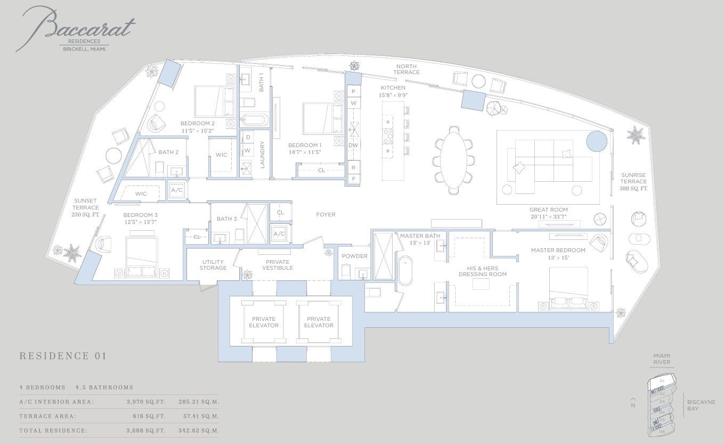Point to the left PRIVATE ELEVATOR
[x=264, y=322]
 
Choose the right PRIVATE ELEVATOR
[x=319, y=322]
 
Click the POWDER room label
[x=354, y=256]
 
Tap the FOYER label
[x=326, y=215]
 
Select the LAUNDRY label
[x=262, y=155]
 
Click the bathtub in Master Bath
[x=406, y=270]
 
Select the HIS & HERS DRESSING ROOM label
[x=482, y=271]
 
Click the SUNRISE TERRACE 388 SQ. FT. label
[x=633, y=182]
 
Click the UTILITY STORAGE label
[x=213, y=265]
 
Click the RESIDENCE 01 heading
[x=63, y=356]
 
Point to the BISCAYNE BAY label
[x=701, y=405]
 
